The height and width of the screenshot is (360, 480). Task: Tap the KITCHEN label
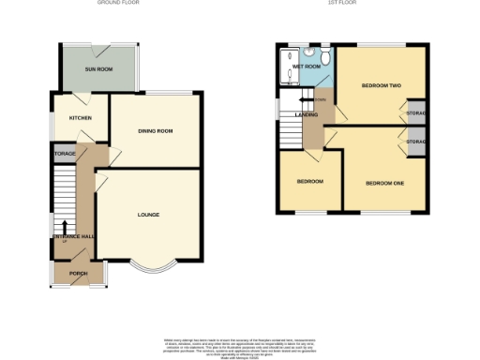(67, 119)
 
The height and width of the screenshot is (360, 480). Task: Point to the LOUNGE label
(147, 215)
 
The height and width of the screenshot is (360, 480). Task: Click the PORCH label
(79, 273)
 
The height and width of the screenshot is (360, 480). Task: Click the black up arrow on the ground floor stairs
(64, 225)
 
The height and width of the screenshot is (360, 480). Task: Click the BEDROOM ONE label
(384, 183)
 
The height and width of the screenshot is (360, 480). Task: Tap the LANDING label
(306, 115)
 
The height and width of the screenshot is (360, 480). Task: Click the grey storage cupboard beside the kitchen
(64, 151)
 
